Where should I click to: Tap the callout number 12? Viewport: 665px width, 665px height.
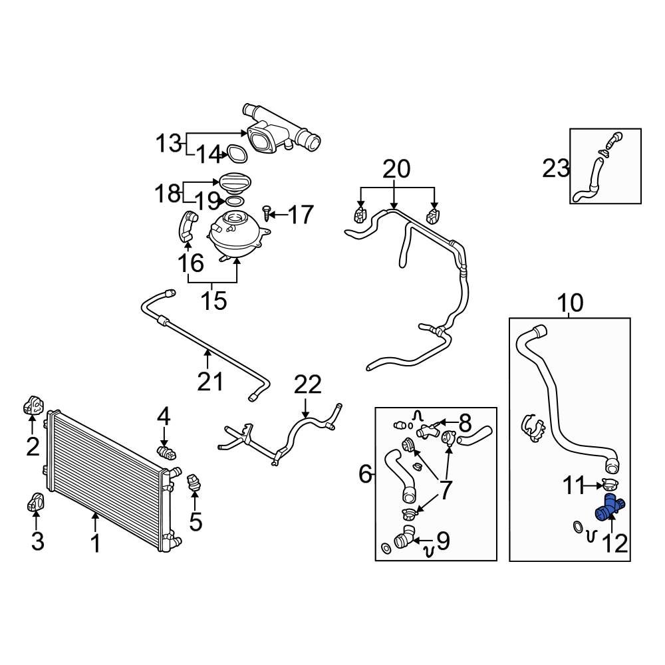tap(615, 544)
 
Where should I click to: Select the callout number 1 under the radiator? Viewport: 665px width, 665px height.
tap(96, 543)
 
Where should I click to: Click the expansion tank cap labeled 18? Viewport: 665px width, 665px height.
tap(233, 182)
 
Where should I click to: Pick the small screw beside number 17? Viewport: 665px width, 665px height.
tap(267, 213)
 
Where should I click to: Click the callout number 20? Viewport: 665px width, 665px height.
tap(396, 170)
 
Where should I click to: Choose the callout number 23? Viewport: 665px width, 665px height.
tap(555, 169)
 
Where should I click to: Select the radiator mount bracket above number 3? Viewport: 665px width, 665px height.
tap(36, 503)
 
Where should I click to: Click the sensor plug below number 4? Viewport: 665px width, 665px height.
tap(168, 452)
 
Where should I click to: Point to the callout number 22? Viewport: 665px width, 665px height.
tap(307, 385)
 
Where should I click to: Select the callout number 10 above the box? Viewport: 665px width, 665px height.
tap(570, 303)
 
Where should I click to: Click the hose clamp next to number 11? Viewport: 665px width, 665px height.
tap(609, 484)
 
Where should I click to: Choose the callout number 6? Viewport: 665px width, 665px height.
tap(364, 474)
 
